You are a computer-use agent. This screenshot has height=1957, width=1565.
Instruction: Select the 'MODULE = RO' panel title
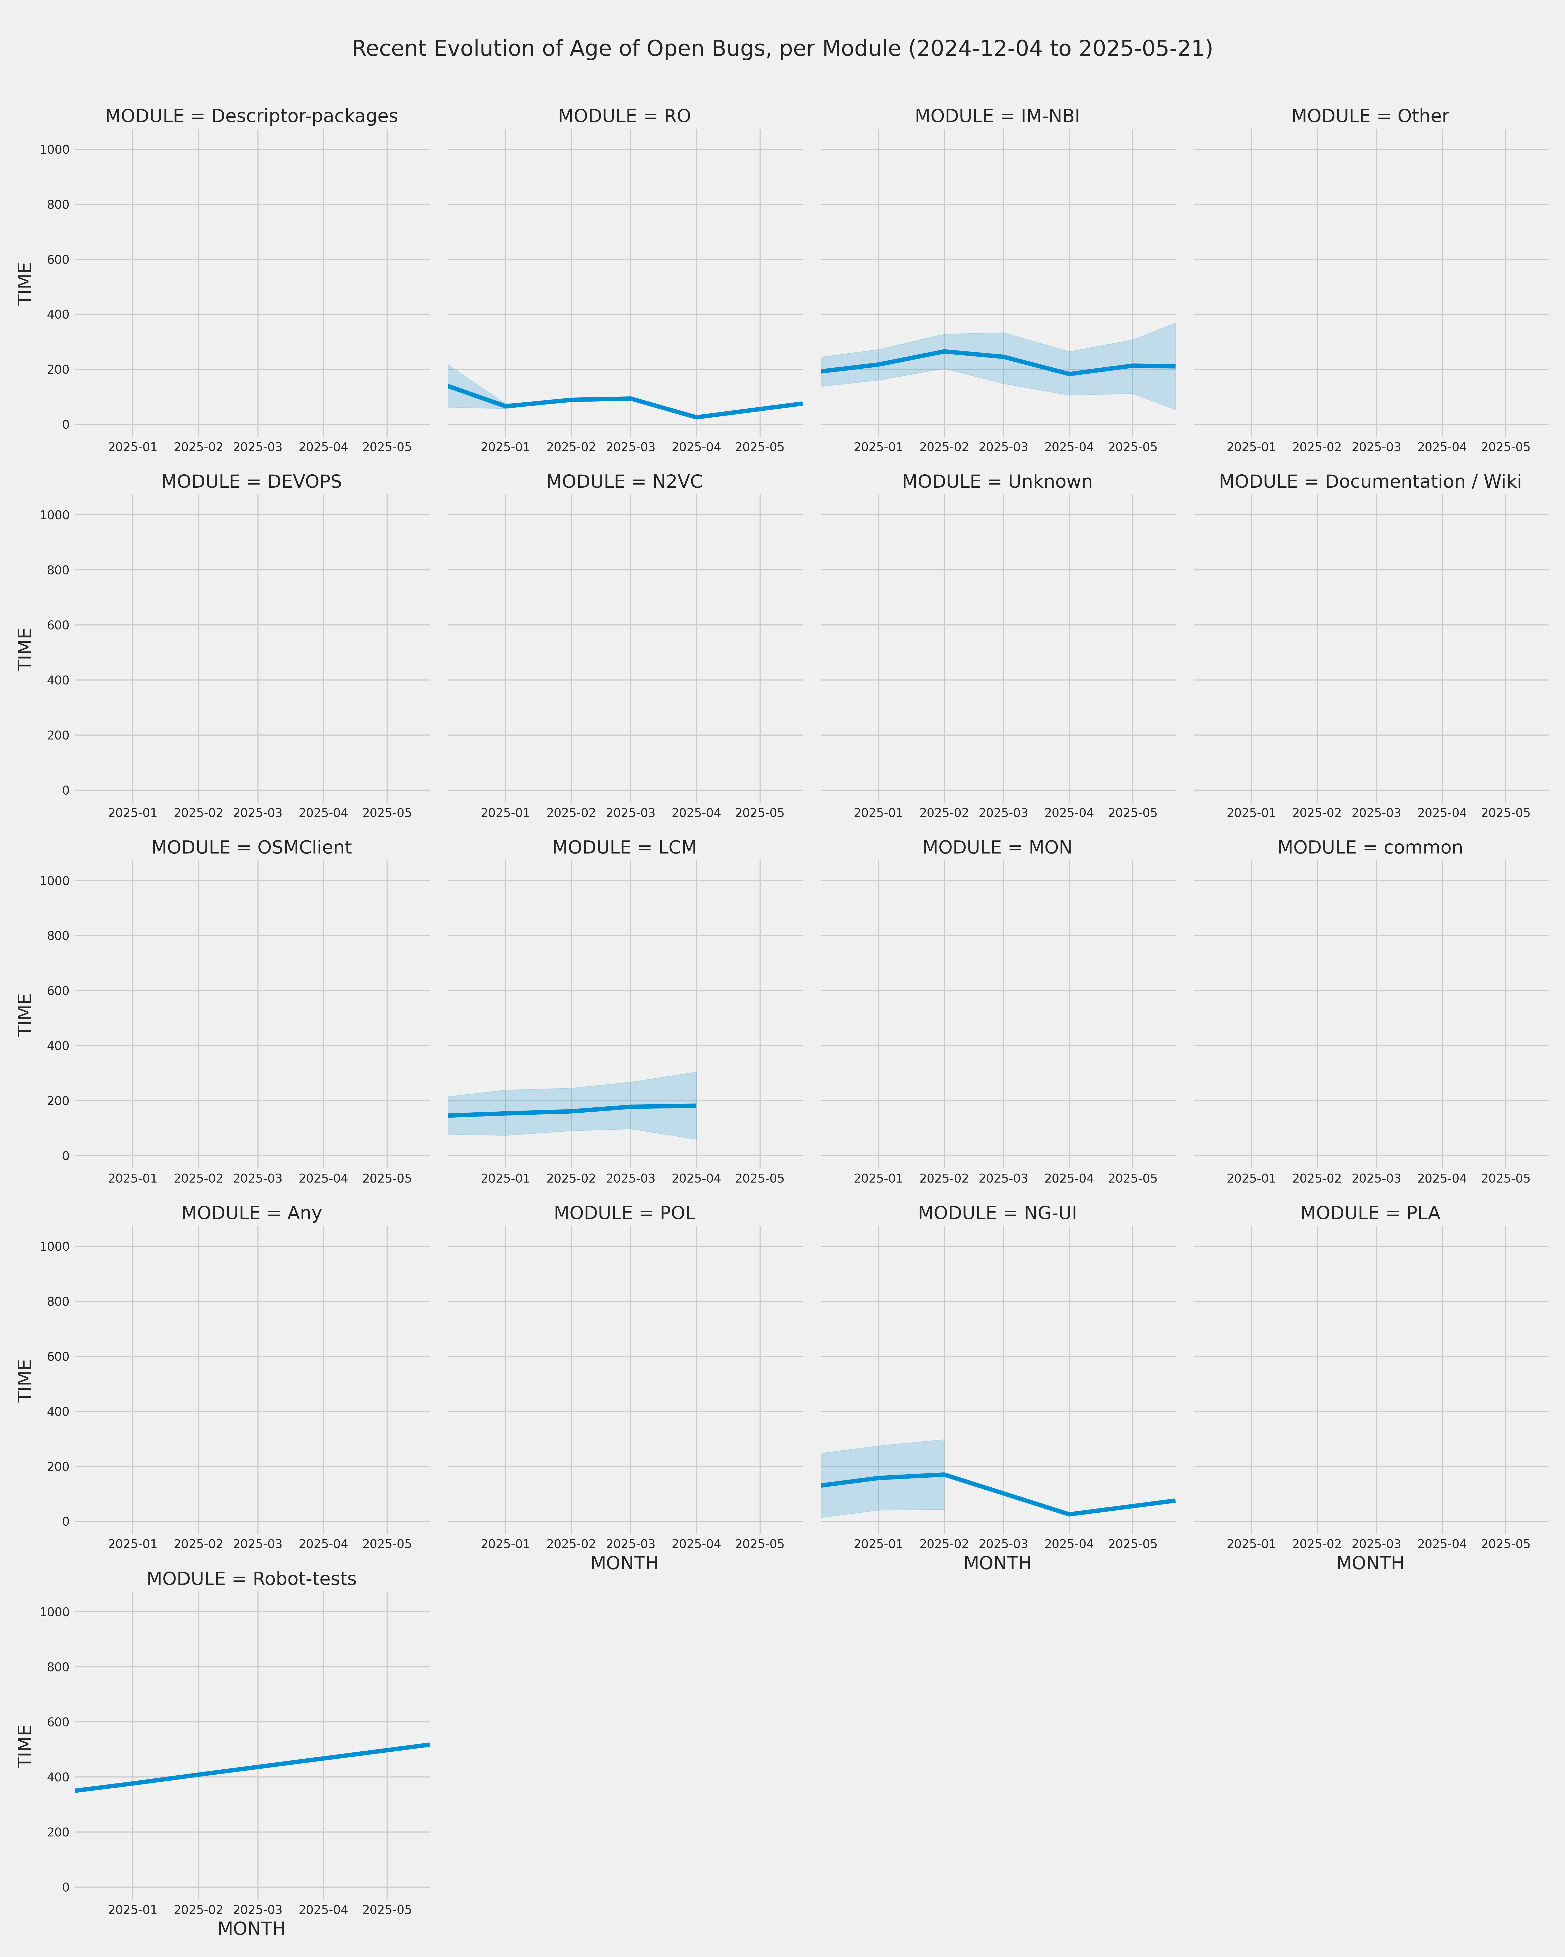pyautogui.click(x=624, y=116)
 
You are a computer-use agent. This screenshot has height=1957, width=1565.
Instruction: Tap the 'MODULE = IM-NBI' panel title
pyautogui.click(x=997, y=116)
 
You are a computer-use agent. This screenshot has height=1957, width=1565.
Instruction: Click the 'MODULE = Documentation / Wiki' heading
pyautogui.click(x=1370, y=482)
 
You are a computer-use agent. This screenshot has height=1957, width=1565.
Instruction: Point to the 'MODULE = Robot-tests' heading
pyautogui.click(x=251, y=1578)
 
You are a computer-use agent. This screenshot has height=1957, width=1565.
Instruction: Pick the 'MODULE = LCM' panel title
pyautogui.click(x=624, y=848)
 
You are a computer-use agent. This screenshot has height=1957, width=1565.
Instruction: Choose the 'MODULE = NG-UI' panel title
pyautogui.click(x=997, y=1214)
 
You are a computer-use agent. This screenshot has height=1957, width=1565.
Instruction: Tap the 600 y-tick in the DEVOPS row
pyautogui.click(x=59, y=625)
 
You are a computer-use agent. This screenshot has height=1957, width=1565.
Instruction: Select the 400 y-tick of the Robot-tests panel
pyautogui.click(x=59, y=1777)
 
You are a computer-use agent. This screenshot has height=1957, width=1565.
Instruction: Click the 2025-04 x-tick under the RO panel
pyautogui.click(x=696, y=448)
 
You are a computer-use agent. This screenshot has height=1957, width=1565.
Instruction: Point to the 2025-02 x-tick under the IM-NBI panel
pyautogui.click(x=943, y=448)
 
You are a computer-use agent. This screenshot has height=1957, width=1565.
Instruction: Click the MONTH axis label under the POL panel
pyautogui.click(x=624, y=1563)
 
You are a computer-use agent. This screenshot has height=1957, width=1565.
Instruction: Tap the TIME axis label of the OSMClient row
pyautogui.click(x=25, y=1015)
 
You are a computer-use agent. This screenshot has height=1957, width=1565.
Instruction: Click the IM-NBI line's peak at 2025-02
pyautogui.click(x=943, y=351)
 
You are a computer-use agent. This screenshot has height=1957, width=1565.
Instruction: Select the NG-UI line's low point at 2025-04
pyautogui.click(x=1069, y=1514)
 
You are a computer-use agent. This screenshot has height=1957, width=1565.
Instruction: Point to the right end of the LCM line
pyautogui.click(x=696, y=1106)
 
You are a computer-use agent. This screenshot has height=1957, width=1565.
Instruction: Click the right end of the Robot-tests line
pyautogui.click(x=428, y=1745)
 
